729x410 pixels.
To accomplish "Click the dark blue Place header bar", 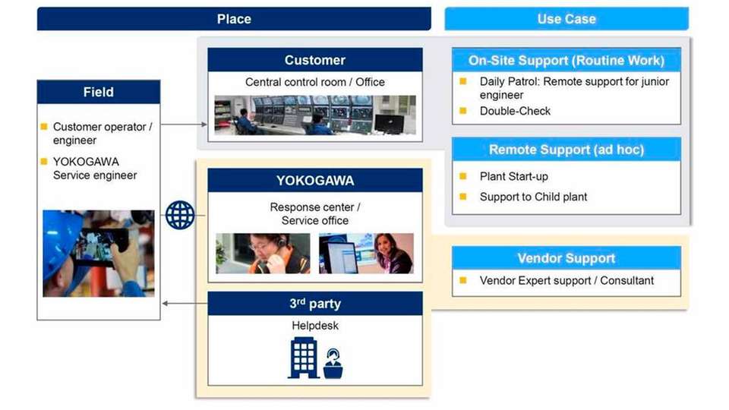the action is [234, 18].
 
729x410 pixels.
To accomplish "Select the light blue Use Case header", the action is [566, 18].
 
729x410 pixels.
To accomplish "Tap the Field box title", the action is [99, 92].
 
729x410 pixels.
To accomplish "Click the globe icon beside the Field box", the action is [180, 215].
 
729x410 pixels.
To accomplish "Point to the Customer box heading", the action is [314, 60].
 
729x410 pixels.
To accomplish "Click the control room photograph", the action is [314, 115].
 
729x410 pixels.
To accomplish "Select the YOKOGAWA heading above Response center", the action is [314, 181].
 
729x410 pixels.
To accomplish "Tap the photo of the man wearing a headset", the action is [263, 254].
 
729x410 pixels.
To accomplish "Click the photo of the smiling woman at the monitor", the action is [366, 254].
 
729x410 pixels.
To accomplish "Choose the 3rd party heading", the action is [314, 304].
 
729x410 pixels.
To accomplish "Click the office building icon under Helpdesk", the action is [304, 358].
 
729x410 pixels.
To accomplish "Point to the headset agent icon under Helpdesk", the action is [333, 364].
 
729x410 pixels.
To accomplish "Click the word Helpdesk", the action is [314, 326].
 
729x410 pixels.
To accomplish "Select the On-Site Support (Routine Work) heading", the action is [566, 61].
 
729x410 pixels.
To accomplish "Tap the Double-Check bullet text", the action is [515, 111].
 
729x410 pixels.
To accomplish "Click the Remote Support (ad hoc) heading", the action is [566, 150].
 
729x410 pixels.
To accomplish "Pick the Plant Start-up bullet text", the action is [514, 177].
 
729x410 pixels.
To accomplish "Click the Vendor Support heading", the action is [566, 258].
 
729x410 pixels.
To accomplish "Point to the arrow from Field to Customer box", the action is [184, 124].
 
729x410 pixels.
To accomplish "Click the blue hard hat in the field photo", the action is [61, 237].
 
